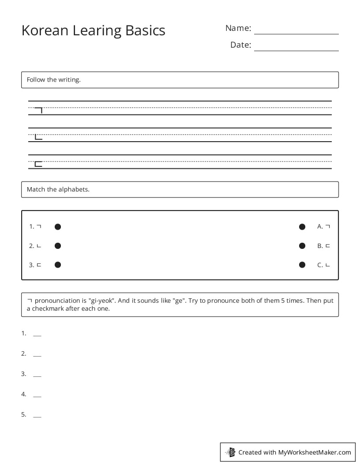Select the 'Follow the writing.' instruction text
tap(54, 80)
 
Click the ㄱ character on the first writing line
tap(39, 110)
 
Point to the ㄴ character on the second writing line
tap(39, 137)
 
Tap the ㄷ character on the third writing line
tap(39, 164)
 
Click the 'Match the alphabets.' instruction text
tap(58, 189)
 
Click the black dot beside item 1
tap(58, 227)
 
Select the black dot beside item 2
tap(58, 246)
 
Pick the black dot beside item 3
tap(58, 265)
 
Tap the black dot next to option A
tap(302, 227)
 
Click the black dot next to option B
tap(302, 246)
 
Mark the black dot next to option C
tap(302, 265)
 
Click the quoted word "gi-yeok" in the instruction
tap(101, 301)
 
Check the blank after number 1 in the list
tap(37, 335)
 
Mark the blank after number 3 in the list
tap(37, 376)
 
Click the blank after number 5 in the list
tap(37, 416)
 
